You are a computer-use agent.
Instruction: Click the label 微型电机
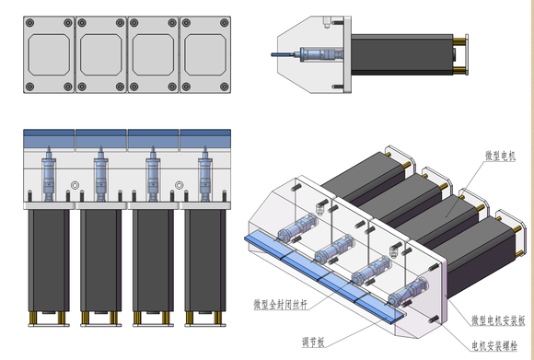pyautogui.click(x=500, y=156)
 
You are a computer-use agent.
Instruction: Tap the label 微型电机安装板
pyautogui.click(x=498, y=320)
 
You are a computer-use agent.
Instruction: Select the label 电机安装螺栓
pyautogui.click(x=494, y=345)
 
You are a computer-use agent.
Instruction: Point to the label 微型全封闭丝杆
pyautogui.click(x=280, y=304)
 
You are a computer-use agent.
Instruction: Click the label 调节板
pyautogui.click(x=313, y=342)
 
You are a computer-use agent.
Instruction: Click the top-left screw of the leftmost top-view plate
pyautogui.click(x=30, y=23)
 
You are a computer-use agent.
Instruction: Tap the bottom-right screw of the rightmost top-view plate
pyautogui.click(x=224, y=87)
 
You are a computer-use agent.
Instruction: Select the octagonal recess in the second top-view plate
pyautogui.click(x=100, y=54)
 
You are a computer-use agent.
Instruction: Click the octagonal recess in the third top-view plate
pyautogui.click(x=153, y=54)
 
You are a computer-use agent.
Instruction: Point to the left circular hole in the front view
pyautogui.click(x=75, y=185)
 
